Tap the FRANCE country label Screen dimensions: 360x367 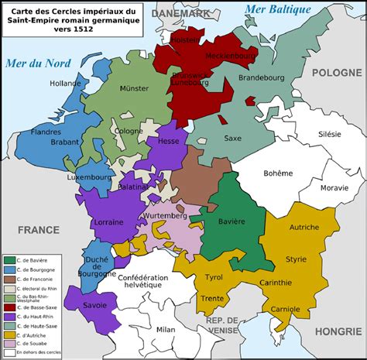click(39, 229)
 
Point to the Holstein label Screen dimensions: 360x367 click(184, 39)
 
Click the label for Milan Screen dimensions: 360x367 click(166, 329)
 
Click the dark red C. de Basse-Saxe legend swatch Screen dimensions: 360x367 click(9, 307)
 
